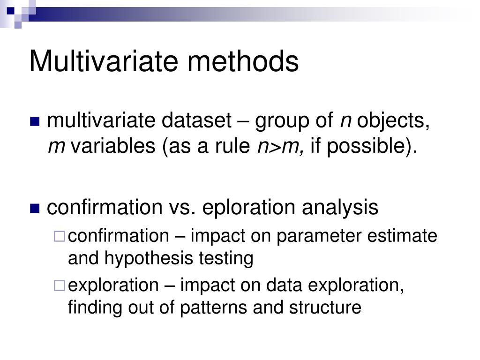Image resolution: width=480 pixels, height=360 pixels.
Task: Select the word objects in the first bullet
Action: [393, 122]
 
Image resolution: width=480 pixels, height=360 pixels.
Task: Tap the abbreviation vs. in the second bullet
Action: [181, 207]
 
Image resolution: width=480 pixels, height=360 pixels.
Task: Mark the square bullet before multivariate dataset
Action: [35, 122]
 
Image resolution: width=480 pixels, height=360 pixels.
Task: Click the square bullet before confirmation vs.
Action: [35, 208]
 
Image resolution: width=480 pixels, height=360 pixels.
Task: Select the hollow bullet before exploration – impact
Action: [59, 285]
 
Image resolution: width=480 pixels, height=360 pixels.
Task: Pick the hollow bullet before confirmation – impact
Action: [59, 236]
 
